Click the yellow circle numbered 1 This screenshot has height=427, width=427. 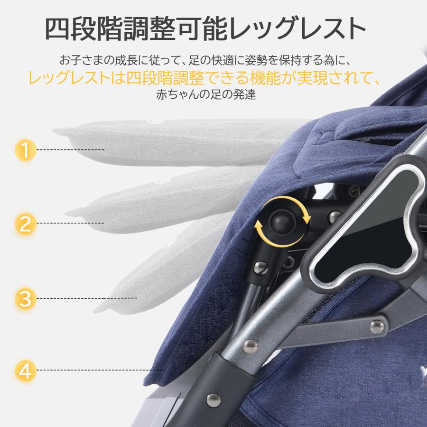26,150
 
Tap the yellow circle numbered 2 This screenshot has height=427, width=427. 26,223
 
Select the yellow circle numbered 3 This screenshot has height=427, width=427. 26,299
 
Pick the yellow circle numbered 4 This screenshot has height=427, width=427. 26,371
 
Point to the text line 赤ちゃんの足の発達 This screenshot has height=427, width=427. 206,94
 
